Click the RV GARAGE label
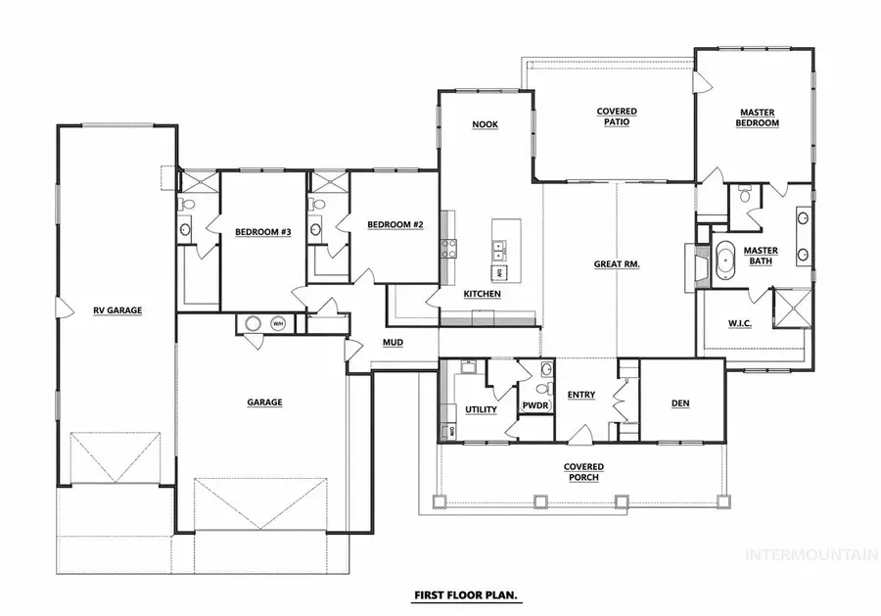118,310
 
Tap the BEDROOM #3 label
263,232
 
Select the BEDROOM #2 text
394,224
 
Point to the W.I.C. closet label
741,322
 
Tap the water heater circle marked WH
277,323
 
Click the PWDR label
534,404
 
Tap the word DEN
681,403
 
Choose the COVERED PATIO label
617,118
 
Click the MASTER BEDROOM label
759,118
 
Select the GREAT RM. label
617,264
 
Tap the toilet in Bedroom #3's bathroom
186,205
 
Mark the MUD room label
394,342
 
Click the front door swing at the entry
580,434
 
